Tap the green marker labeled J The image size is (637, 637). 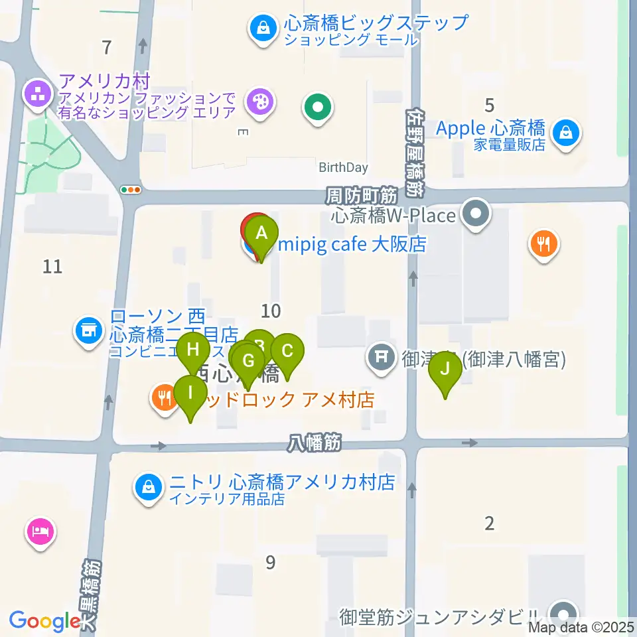tap(445, 369)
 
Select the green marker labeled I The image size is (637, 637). tap(190, 392)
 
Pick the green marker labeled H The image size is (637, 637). tap(193, 350)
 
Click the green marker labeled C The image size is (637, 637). tap(287, 351)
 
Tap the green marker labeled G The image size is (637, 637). tap(248, 362)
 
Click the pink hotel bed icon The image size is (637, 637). tap(40, 531)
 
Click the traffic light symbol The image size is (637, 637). tap(131, 190)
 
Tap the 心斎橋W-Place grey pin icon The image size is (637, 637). tap(476, 215)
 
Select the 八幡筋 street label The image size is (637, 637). tap(315, 443)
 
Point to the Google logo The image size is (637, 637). tap(45, 620)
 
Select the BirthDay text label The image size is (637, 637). tap(343, 168)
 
